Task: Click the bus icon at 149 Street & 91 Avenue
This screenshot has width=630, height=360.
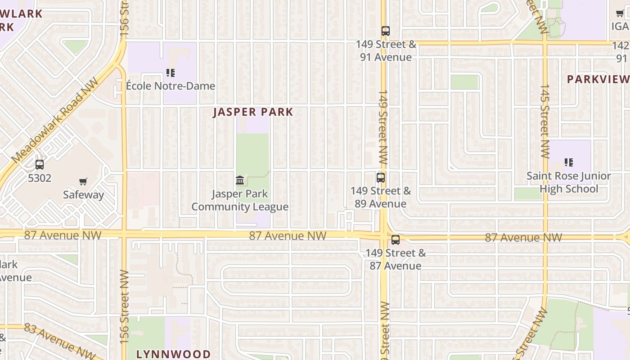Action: pyautogui.click(x=386, y=31)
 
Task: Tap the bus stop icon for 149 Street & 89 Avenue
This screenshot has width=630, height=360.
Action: pyautogui.click(x=381, y=177)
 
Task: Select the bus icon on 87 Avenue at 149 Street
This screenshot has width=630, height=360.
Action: pyautogui.click(x=396, y=240)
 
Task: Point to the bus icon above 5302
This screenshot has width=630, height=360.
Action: pyautogui.click(x=40, y=165)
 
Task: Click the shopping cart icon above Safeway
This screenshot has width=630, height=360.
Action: pyautogui.click(x=83, y=182)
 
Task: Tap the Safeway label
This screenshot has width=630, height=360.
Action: pyautogui.click(x=83, y=195)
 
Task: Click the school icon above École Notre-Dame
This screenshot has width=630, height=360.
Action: pyautogui.click(x=170, y=72)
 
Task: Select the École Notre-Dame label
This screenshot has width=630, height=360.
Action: pyautogui.click(x=170, y=85)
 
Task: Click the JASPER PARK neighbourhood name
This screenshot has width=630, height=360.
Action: pyautogui.click(x=253, y=112)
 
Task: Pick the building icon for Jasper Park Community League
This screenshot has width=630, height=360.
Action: pyautogui.click(x=240, y=180)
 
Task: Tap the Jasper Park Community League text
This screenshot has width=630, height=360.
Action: pyautogui.click(x=240, y=200)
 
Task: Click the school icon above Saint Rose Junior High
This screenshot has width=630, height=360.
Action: pyautogui.click(x=569, y=162)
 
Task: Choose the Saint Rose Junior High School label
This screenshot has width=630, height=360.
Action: pyautogui.click(x=569, y=182)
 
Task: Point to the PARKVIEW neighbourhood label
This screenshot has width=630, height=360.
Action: pyautogui.click(x=598, y=80)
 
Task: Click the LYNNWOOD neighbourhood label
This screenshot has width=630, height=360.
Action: pyautogui.click(x=173, y=354)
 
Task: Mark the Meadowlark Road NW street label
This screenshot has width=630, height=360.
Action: pyautogui.click(x=55, y=122)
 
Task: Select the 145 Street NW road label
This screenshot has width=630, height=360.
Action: pyautogui.click(x=545, y=121)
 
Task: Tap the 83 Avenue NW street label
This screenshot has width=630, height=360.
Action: pyautogui.click(x=60, y=341)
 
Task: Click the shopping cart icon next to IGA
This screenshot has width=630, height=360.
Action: pyautogui.click(x=620, y=13)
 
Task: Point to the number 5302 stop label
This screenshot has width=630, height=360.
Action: pyautogui.click(x=40, y=178)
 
